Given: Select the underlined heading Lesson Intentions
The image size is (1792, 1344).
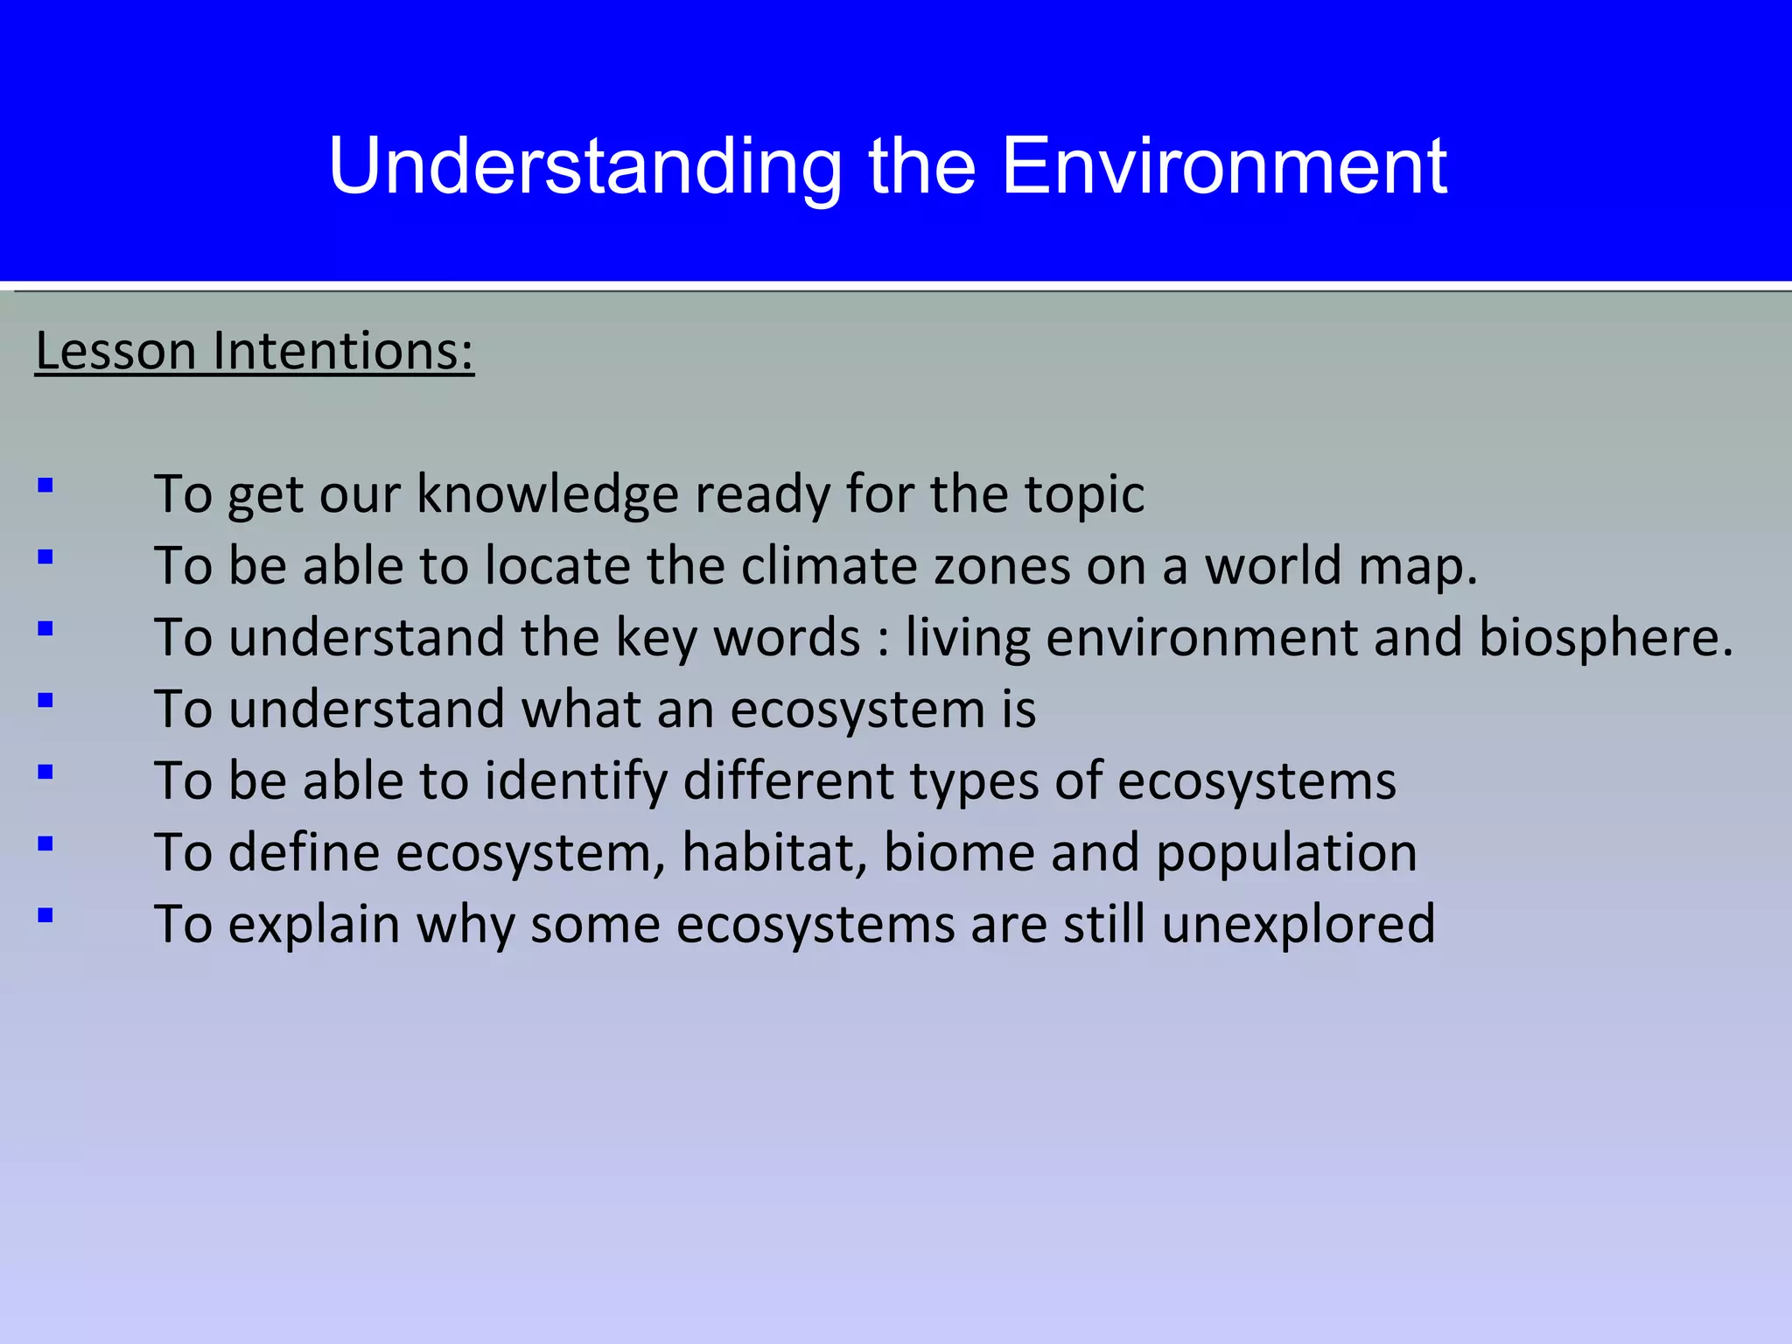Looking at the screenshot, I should tap(254, 352).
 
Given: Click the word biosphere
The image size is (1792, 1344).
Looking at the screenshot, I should tap(1606, 638).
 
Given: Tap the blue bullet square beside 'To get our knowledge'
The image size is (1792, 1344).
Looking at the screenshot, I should tap(45, 485).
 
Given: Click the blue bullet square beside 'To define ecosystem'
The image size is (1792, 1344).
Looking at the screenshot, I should tap(45, 843).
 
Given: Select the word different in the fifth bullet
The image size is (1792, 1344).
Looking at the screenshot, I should tap(787, 781).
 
